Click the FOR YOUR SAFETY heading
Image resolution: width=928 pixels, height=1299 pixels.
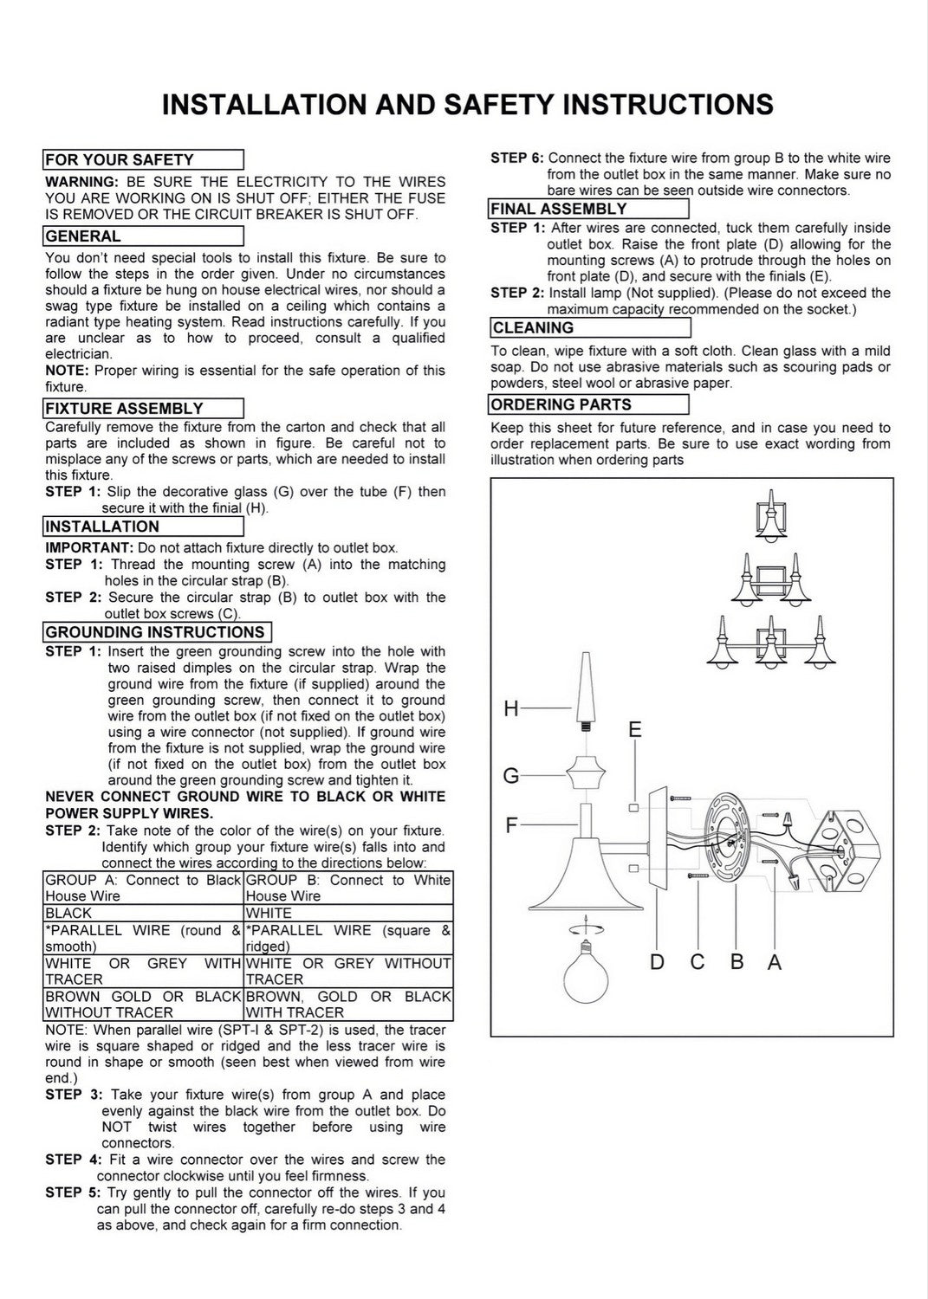click(120, 159)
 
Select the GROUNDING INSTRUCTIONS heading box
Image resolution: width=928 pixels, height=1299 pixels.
click(158, 632)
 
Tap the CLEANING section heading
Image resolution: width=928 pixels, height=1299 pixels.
click(534, 327)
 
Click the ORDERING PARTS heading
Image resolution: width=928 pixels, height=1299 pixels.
click(561, 404)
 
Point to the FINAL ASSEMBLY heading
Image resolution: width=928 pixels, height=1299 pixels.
click(559, 209)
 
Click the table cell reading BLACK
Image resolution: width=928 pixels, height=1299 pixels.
click(143, 913)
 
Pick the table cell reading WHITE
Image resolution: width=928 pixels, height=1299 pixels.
click(348, 913)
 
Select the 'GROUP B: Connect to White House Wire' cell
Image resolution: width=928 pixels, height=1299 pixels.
click(348, 888)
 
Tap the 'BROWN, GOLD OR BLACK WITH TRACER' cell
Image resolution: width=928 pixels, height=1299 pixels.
click(348, 1005)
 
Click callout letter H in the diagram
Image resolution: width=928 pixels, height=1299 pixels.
click(510, 708)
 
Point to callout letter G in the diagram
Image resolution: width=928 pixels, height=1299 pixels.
click(510, 775)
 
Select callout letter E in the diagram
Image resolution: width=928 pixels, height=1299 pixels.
click(635, 729)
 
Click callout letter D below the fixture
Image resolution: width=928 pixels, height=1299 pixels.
click(657, 962)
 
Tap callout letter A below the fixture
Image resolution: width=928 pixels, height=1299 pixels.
click(775, 962)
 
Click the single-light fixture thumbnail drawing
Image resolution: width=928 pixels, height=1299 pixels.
click(771, 517)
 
